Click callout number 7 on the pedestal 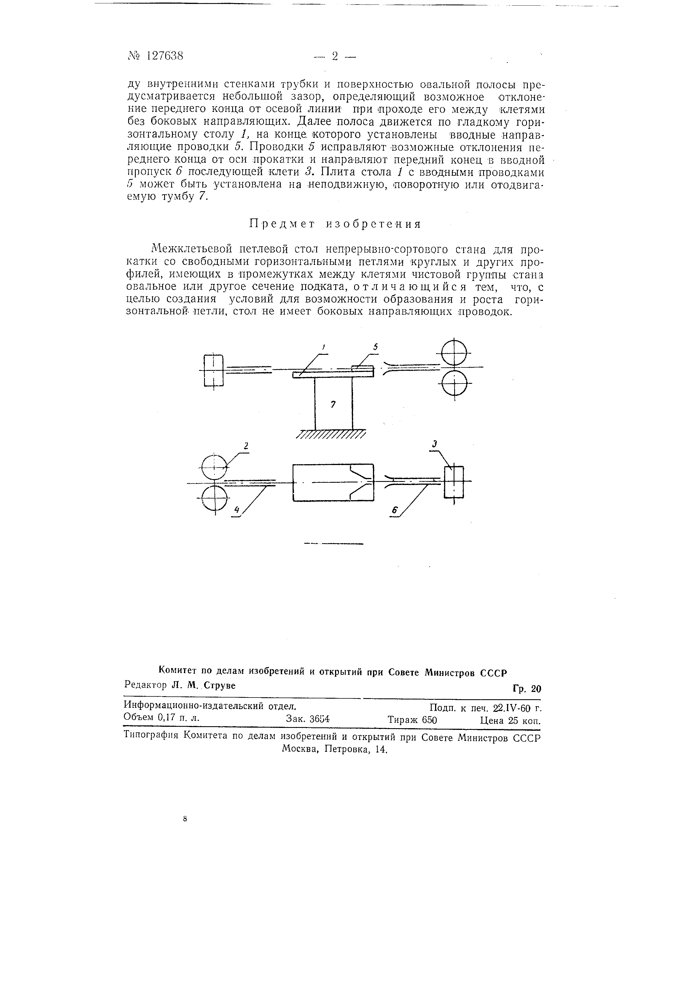click(x=333, y=405)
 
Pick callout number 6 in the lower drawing click(x=394, y=510)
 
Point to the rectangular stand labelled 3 click(x=454, y=482)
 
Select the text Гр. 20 click(x=527, y=689)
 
